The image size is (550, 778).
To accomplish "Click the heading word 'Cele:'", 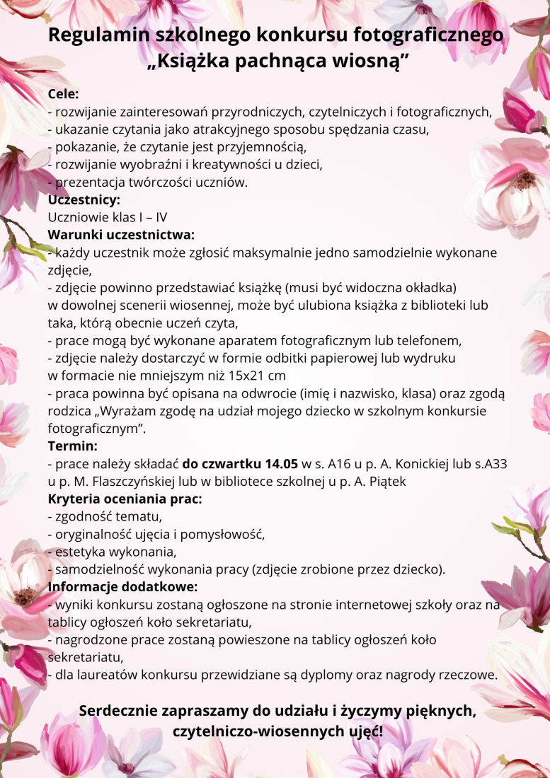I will click(x=63, y=94).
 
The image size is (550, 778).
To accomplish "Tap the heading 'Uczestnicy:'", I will click(x=84, y=199).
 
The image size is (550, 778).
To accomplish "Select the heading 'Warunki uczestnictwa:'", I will click(x=121, y=235).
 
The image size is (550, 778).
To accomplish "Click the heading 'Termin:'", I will click(x=72, y=446).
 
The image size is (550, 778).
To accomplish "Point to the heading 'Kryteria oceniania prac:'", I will click(x=125, y=499).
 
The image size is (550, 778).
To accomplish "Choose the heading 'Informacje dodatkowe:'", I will click(x=122, y=587).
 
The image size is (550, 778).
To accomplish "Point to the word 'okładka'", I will click(x=428, y=288).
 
